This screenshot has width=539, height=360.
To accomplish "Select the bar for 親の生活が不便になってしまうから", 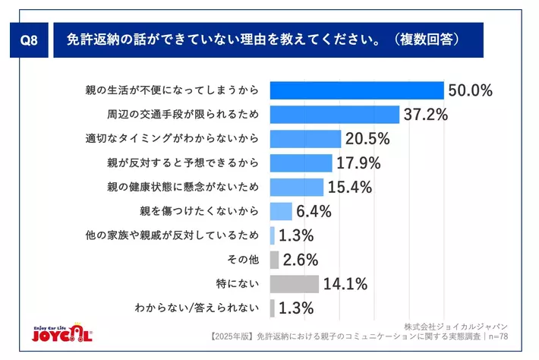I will coord(357,90).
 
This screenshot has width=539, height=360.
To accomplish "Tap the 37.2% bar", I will coord(335,115).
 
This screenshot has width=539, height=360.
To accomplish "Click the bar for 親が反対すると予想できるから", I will coord(301,163).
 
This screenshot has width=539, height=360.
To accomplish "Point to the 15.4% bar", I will coord(297,187).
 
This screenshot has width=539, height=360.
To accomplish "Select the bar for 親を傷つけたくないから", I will coord(281,211).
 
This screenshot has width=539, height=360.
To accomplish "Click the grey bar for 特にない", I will coord(295,284).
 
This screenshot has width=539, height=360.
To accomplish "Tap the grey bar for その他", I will coord(275,260).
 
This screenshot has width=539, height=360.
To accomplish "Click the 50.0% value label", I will coord(471,90).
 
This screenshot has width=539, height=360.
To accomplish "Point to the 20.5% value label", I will coord(367,139).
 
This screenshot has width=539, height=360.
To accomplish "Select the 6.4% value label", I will coord(314,211).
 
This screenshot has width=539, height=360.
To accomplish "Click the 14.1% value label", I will coord(345,284).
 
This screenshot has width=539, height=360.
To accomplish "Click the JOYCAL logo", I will coord(63,333).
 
